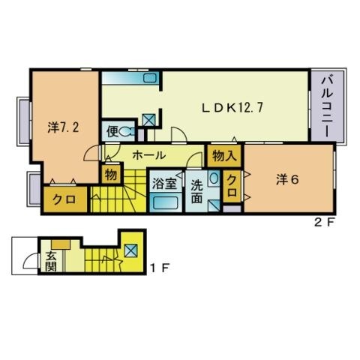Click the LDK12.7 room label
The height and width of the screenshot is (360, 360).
point(232,108)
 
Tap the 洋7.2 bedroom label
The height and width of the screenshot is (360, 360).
point(63,127)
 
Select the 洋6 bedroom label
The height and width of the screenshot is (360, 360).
point(287,179)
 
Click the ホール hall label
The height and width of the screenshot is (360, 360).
point(149,155)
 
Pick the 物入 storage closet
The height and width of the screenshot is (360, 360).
point(224,156)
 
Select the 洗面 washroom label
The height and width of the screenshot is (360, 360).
point(196,191)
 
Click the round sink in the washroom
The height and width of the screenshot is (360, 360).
point(214,178)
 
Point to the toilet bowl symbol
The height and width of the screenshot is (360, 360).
point(125,131)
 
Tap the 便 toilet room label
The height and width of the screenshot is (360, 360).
point(112,131)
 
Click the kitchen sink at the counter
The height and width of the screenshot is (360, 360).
point(150,78)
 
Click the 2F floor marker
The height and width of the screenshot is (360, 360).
point(324,222)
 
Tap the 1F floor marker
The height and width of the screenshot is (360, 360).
point(160,268)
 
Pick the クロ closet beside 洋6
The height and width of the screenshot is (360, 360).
point(232,186)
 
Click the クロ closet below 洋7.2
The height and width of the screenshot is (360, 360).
point(65,199)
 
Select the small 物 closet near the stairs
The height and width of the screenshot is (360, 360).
point(111,174)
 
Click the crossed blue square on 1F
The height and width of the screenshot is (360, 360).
point(131,250)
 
